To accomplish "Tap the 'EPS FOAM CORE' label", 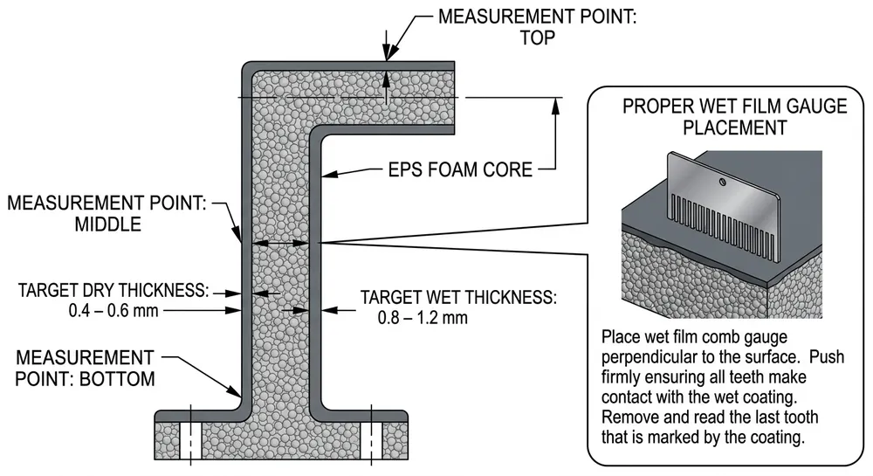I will pyautogui.click(x=461, y=169).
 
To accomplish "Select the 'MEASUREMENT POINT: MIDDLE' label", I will pyautogui.click(x=107, y=213).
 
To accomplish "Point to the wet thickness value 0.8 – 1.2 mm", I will pyautogui.click(x=423, y=317).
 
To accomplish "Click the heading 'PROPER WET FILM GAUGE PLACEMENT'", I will pyautogui.click(x=734, y=117).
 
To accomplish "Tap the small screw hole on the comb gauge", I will pyautogui.click(x=722, y=182).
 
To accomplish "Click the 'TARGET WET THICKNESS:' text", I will pyautogui.click(x=457, y=297).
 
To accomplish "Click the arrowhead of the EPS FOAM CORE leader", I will pyautogui.click(x=325, y=175).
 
